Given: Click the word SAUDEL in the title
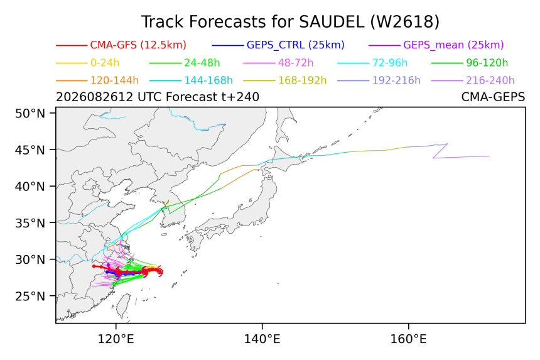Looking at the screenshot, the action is click(x=332, y=22).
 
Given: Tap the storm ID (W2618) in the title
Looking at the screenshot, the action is click(x=405, y=22).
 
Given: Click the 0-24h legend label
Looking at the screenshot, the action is click(x=105, y=63).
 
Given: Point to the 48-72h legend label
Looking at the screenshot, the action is click(x=296, y=63).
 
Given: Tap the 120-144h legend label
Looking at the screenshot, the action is click(x=114, y=80).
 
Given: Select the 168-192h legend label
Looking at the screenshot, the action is click(x=303, y=80).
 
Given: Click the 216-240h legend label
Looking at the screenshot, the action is click(x=490, y=80).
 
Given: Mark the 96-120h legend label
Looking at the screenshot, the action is click(x=487, y=63).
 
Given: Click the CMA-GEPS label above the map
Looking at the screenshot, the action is click(x=493, y=97).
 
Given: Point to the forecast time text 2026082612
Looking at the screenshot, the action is click(x=94, y=97).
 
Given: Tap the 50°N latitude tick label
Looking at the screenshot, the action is click(x=30, y=113).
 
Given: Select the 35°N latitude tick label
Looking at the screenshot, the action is click(x=30, y=223).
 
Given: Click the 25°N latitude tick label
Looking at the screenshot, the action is click(x=30, y=296).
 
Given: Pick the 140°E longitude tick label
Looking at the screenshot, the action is click(x=262, y=339).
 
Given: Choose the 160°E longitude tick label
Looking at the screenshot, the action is click(x=408, y=339).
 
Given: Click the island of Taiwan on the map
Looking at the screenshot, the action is click(x=123, y=305).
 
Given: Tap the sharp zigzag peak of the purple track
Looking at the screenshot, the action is click(x=447, y=144).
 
